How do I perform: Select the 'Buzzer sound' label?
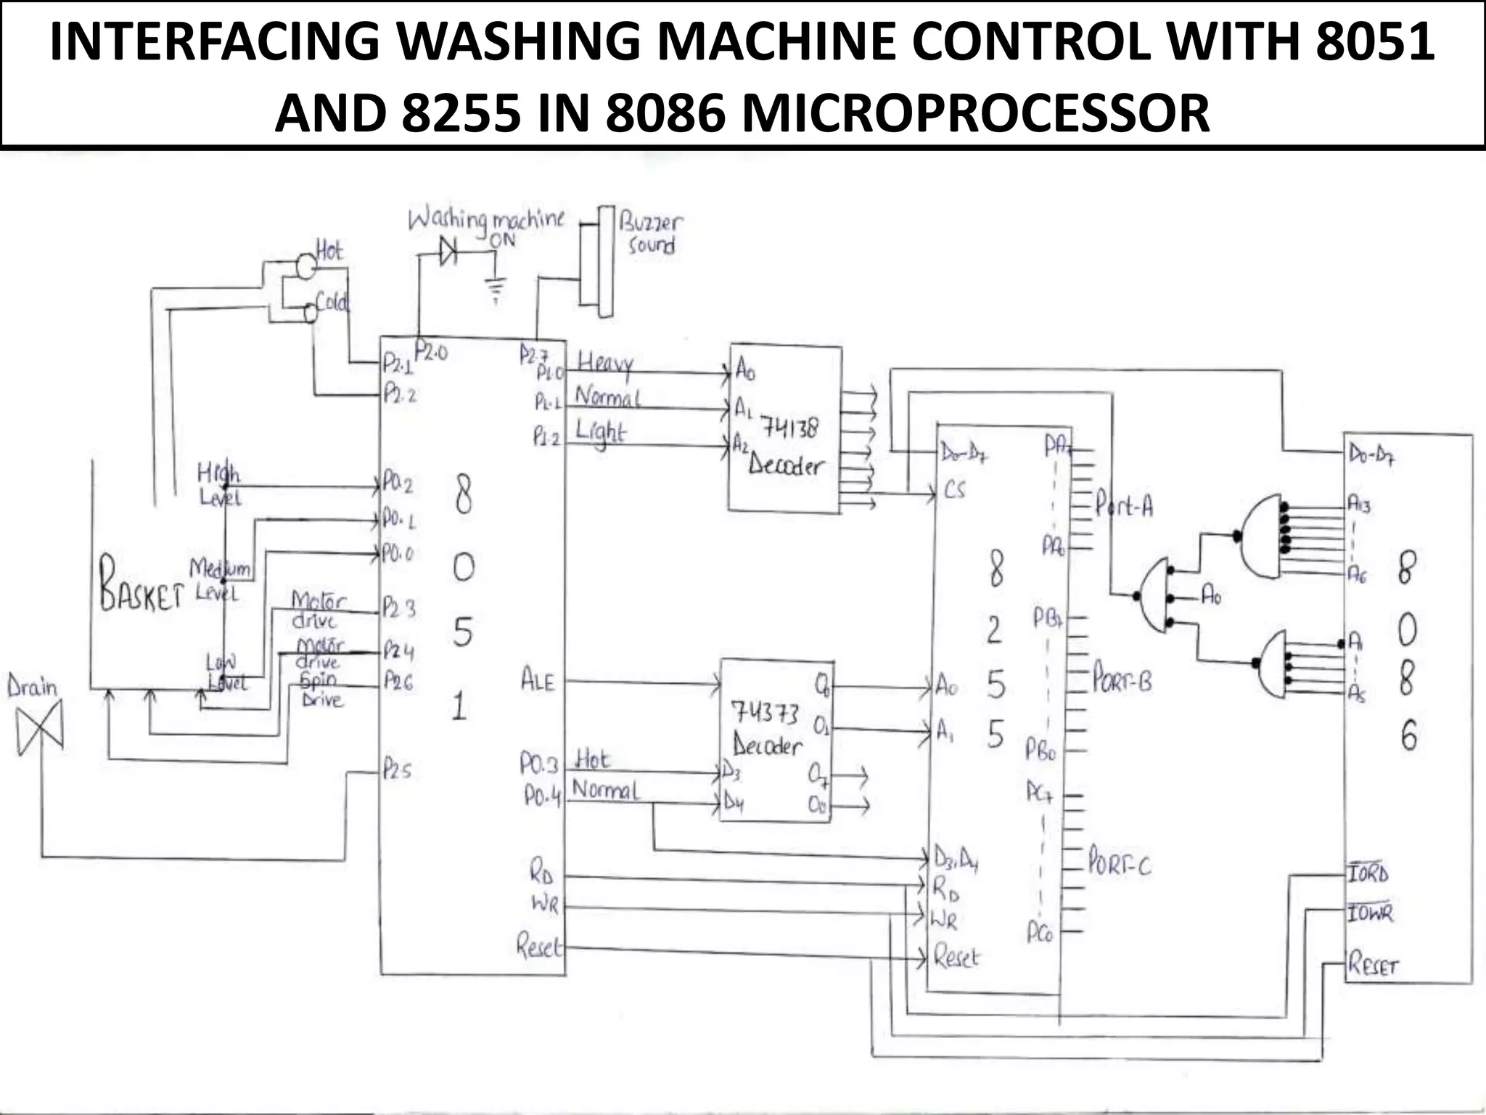pos(651,234)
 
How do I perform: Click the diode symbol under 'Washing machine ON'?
pos(448,252)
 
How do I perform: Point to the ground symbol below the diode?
pos(496,290)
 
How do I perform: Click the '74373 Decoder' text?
pos(766,729)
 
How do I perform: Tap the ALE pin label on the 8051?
pos(538,681)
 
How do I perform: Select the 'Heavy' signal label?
pos(605,363)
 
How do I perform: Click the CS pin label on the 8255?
pos(955,490)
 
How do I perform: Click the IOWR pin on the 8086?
pos(1370,912)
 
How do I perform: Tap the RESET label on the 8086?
pos(1372,965)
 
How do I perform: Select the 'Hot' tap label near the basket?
pos(329,251)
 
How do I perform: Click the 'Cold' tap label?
pos(332,302)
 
